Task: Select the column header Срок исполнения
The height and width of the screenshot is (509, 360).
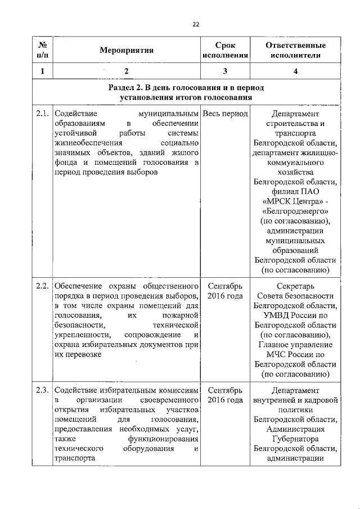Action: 225,50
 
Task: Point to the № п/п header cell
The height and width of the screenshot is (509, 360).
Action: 42,50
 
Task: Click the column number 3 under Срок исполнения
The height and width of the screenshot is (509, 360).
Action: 225,71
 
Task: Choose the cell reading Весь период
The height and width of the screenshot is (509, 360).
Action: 225,114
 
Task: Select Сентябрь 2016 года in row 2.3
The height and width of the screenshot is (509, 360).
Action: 225,395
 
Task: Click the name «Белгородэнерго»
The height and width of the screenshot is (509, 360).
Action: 295,211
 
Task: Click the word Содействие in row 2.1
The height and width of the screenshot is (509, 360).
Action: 73,114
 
